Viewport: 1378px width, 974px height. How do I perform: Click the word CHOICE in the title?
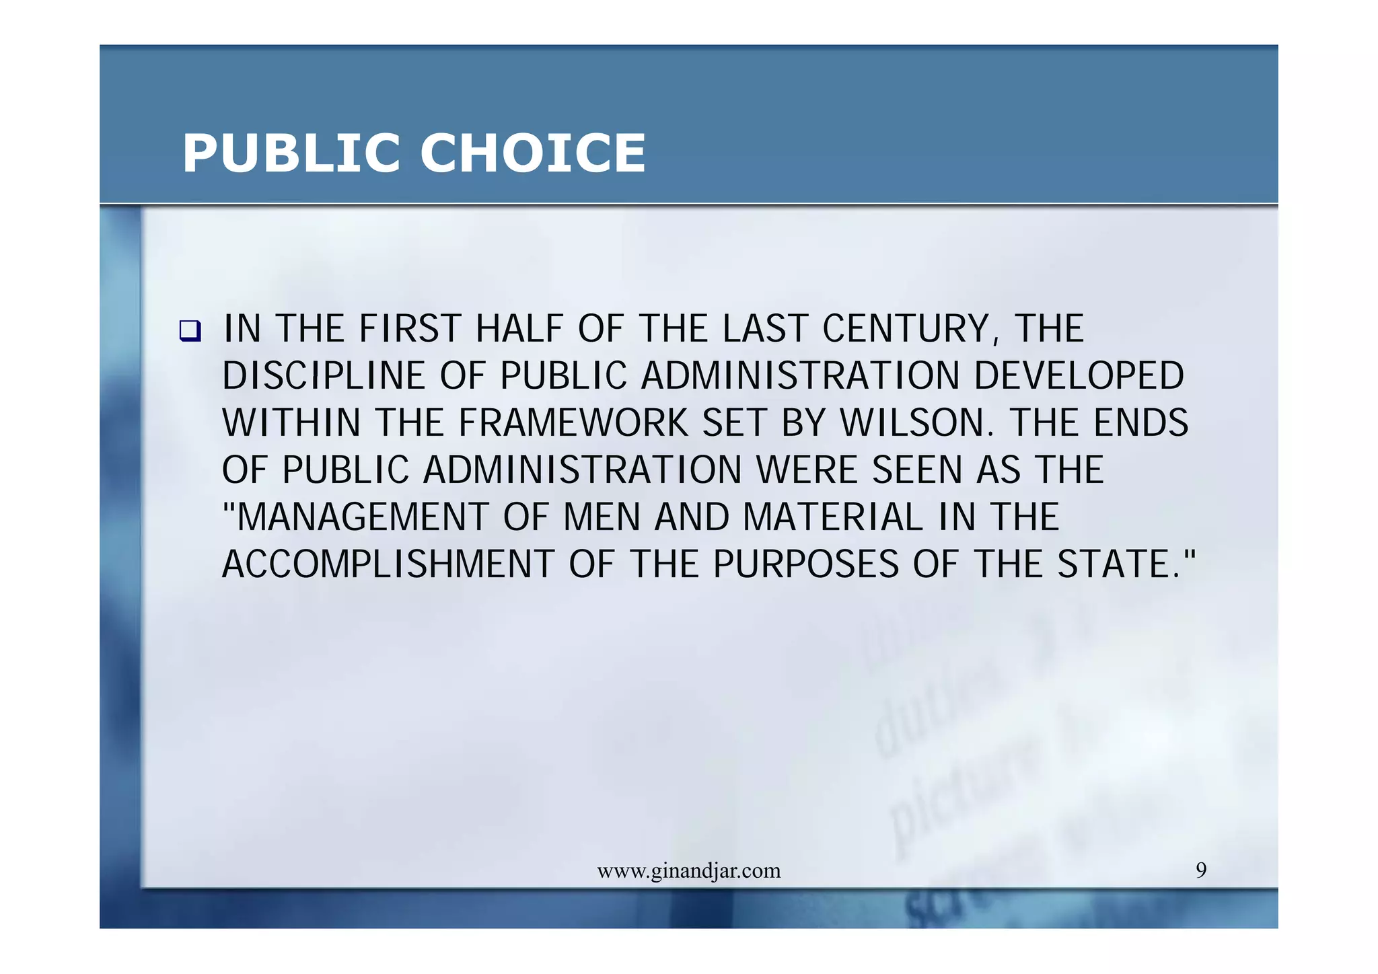point(532,153)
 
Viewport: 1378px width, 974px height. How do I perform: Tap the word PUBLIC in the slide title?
point(291,153)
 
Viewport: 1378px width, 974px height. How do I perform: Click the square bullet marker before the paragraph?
point(190,331)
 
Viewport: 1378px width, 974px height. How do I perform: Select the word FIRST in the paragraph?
point(410,329)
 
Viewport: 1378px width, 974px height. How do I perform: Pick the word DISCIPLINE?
point(324,376)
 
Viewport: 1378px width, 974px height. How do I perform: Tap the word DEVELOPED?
point(1079,376)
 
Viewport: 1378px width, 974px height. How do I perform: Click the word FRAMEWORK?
point(573,423)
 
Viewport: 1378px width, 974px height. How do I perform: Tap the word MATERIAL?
point(833,517)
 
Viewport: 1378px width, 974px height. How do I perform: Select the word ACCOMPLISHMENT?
point(388,564)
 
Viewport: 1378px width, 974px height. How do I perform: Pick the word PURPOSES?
point(805,564)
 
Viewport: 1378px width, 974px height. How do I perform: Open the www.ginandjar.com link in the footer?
point(689,871)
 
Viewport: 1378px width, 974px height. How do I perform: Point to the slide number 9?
point(1201,870)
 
